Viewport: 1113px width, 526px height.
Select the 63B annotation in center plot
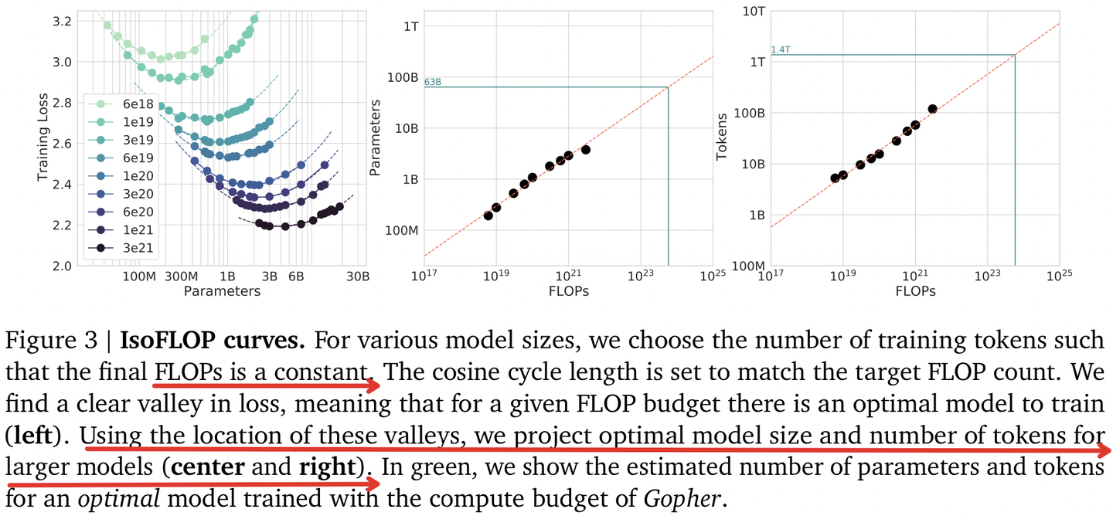[434, 81]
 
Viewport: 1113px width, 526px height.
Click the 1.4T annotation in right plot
[781, 49]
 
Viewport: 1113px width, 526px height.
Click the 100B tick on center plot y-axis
[402, 77]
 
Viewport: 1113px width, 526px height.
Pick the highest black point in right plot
[932, 109]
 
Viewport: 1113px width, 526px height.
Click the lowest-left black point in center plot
[488, 215]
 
